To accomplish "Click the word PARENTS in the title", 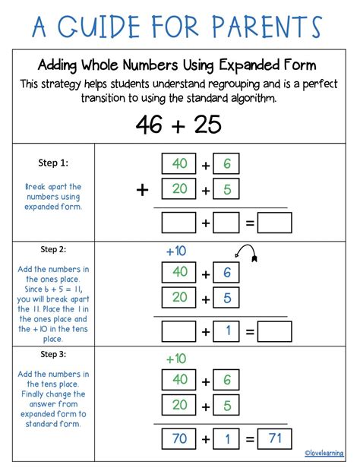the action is click(267, 26).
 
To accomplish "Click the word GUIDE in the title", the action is click(99, 27).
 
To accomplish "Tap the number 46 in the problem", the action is click(149, 125).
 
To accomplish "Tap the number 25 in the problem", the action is click(207, 125).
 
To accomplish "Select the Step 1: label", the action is click(53, 163).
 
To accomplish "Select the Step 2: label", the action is click(53, 249).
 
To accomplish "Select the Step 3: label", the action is click(53, 354).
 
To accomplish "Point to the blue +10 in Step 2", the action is click(176, 251).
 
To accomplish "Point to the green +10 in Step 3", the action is click(176, 359).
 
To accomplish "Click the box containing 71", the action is click(275, 439).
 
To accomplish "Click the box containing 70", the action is click(179, 439).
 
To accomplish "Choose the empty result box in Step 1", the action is click(275, 223).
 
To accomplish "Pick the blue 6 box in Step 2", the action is click(226, 272).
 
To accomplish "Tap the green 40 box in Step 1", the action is click(179, 163).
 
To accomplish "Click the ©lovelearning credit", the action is click(324, 453).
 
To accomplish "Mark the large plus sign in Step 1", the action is click(142, 190).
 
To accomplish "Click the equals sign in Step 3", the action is click(250, 439).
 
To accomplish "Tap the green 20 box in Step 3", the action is click(179, 405).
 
